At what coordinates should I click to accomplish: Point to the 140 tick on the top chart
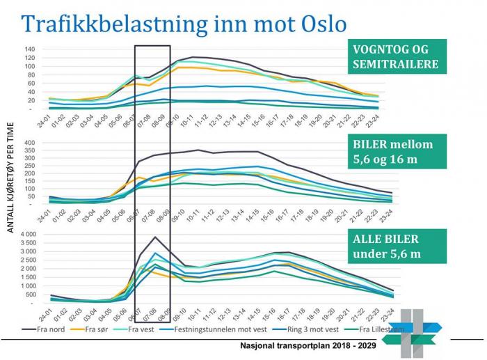coord(29,49)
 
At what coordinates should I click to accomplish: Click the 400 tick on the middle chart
coord(29,143)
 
